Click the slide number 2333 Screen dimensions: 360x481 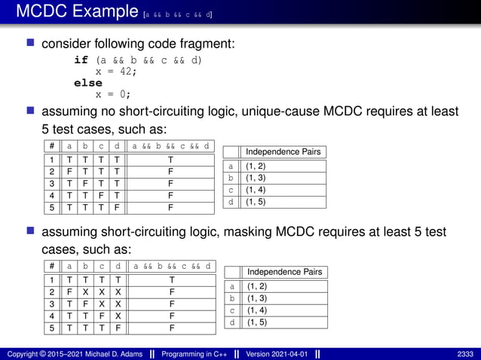[466, 354]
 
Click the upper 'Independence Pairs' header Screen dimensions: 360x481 [283, 151]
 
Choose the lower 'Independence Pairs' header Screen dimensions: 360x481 [284, 272]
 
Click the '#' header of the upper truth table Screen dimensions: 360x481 [51, 146]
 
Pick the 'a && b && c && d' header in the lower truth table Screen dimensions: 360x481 [171, 266]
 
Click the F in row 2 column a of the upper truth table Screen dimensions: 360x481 [69, 171]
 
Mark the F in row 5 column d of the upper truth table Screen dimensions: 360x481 [117, 206]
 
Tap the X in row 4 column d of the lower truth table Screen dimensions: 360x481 [118, 316]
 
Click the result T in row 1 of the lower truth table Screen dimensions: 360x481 [171, 279]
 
